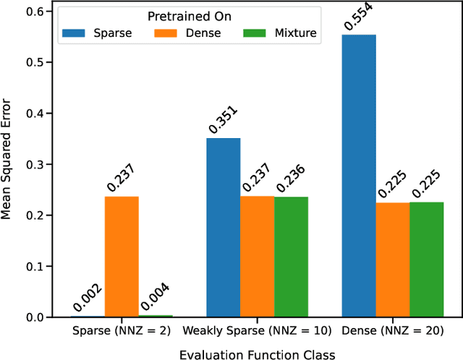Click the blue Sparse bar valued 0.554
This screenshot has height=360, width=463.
click(359, 176)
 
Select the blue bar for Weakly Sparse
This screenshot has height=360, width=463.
click(224, 228)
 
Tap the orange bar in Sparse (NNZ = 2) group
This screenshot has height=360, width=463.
click(122, 257)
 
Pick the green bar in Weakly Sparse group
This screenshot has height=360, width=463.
click(291, 257)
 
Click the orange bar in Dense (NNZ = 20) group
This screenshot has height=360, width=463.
click(393, 260)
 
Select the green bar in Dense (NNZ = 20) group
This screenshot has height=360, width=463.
click(426, 260)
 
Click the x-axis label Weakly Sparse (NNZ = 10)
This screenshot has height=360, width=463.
click(258, 331)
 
